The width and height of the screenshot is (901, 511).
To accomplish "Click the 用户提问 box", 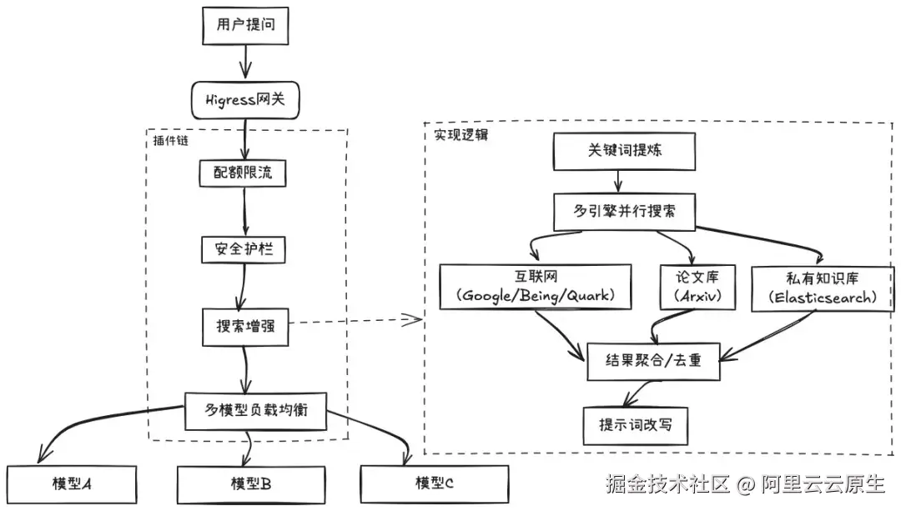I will coord(245,25).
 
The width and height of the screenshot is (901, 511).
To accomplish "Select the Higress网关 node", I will coord(245,101).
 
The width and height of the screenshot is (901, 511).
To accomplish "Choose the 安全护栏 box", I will coord(244,250).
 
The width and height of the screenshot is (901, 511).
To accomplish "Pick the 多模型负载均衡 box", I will coord(256,411).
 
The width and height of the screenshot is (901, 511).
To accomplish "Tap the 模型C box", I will coord(434,483).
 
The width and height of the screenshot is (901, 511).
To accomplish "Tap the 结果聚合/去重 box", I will coord(653,362).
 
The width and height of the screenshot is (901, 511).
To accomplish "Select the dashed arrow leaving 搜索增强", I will coord(355,320).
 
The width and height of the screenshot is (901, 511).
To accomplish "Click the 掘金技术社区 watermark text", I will coord(668,483).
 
